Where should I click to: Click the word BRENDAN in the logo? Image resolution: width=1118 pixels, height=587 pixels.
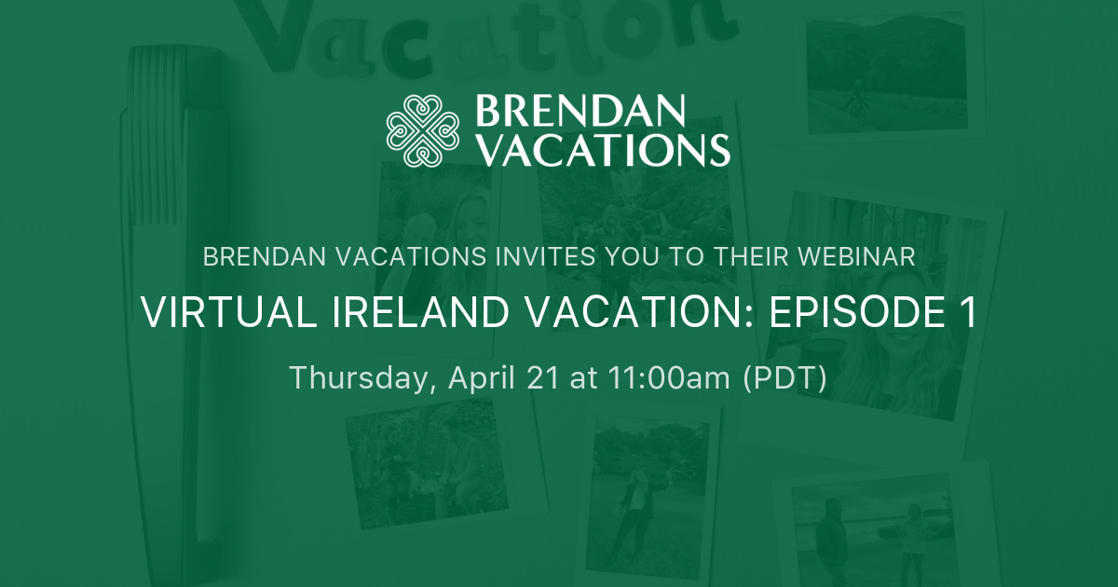pyautogui.click(x=580, y=111)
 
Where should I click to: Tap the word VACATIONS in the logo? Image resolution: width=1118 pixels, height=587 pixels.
pyautogui.click(x=602, y=149)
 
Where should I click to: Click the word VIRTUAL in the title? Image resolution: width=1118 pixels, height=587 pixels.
pyautogui.click(x=210, y=313)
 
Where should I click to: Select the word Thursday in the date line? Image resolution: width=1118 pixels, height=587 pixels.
pyautogui.click(x=360, y=378)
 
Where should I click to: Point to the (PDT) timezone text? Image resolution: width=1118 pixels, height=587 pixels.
pyautogui.click(x=784, y=378)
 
